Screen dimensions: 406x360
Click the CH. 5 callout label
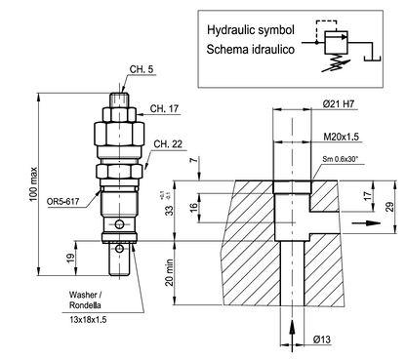(x=142, y=69)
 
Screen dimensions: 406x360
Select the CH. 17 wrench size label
(x=164, y=108)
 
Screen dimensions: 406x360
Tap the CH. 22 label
(x=168, y=144)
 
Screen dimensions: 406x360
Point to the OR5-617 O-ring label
(x=62, y=202)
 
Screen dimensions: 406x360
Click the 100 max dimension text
(x=34, y=184)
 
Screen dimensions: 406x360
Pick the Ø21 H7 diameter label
(x=339, y=104)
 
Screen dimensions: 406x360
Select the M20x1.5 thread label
(x=341, y=137)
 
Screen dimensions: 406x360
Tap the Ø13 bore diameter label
(x=322, y=340)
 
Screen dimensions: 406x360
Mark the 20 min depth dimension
(x=170, y=272)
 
